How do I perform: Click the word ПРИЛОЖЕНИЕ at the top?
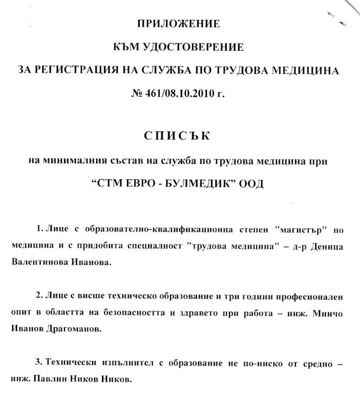pyautogui.click(x=179, y=23)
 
